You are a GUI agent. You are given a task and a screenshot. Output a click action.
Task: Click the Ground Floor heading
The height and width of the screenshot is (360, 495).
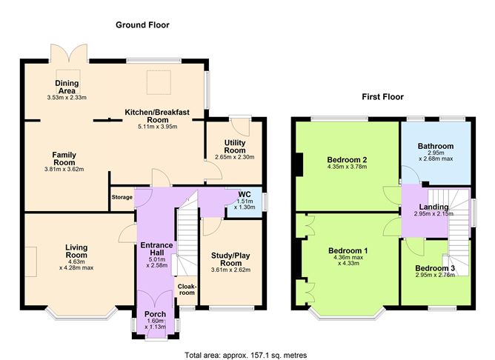pos(142,25)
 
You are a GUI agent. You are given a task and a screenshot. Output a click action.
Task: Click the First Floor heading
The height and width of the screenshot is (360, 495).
pos(382,97)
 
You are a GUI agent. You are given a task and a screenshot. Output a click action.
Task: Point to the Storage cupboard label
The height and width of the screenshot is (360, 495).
pos(122,198)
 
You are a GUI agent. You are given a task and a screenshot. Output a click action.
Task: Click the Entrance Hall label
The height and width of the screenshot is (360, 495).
pos(157,250)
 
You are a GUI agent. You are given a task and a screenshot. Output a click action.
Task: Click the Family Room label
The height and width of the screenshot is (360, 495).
pos(64,159)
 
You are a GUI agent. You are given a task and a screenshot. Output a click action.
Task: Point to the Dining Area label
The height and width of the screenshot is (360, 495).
pos(67,87)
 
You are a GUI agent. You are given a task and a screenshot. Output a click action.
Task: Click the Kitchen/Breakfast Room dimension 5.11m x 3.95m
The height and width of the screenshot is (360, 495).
pos(157,127)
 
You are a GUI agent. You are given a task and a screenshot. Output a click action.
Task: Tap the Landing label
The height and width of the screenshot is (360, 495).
pos(433,207)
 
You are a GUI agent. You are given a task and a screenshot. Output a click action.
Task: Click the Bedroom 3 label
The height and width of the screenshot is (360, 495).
pos(434,268)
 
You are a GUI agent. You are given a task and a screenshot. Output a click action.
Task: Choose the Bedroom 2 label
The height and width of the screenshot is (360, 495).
pos(348,159)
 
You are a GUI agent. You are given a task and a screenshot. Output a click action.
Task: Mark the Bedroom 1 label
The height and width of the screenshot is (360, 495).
pos(348,250)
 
